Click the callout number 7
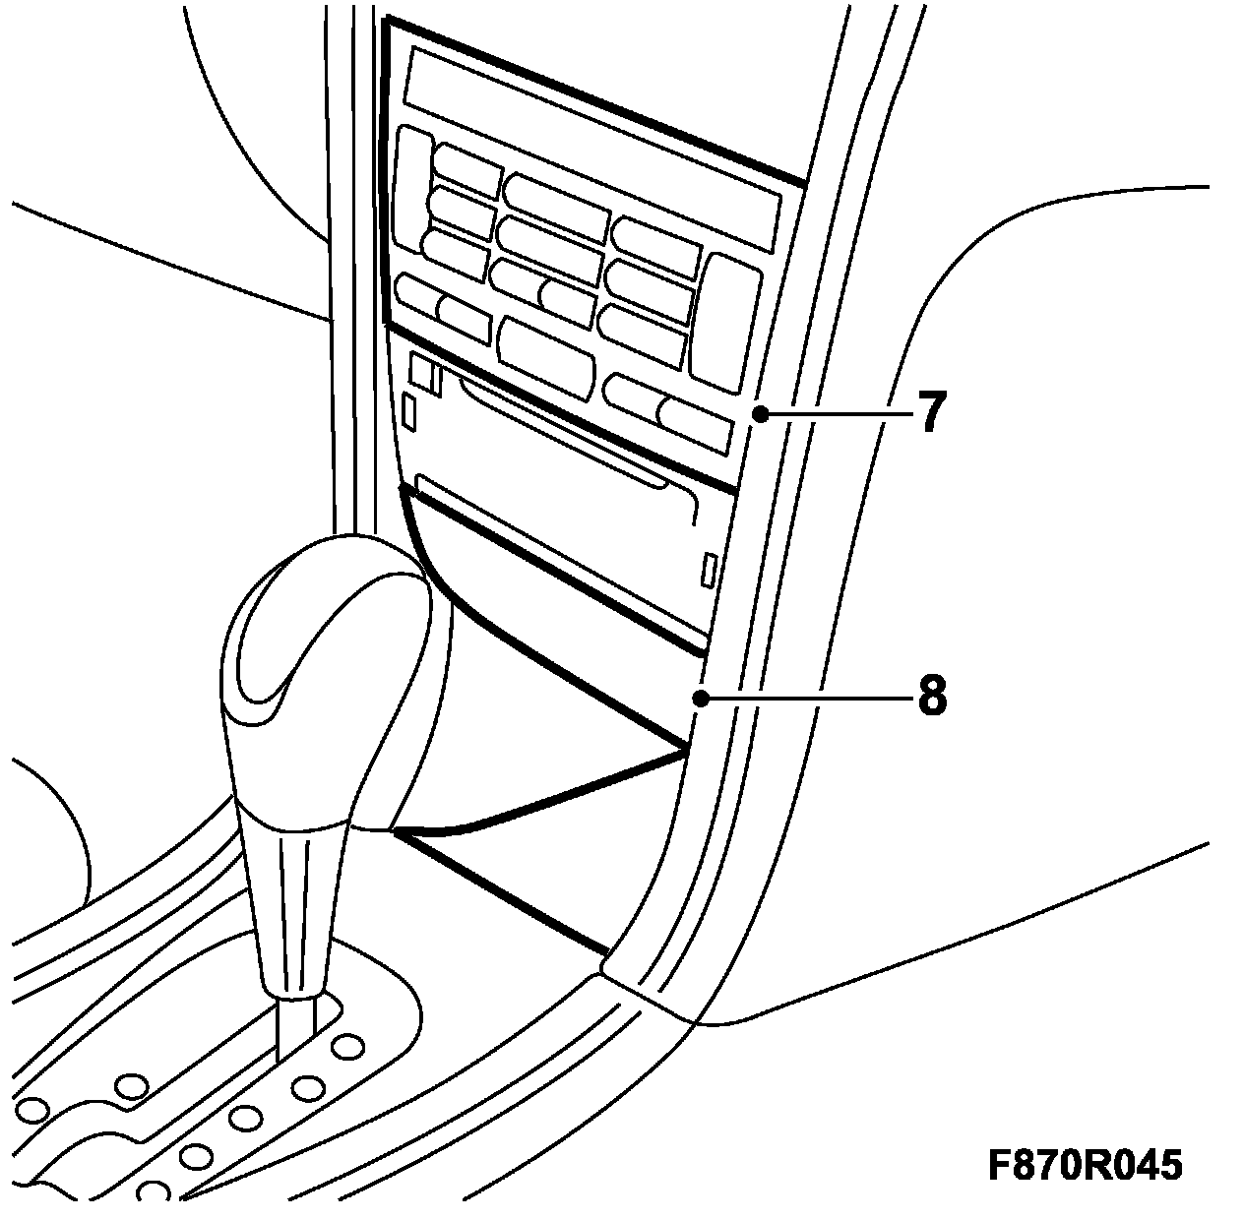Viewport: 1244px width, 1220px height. coord(931,413)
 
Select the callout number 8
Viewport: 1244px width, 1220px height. coord(931,697)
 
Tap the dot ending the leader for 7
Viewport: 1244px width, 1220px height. coord(759,414)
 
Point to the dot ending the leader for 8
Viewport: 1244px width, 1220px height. coord(700,698)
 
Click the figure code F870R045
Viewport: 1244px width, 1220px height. coord(1085,1166)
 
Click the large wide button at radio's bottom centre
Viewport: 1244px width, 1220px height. coord(546,354)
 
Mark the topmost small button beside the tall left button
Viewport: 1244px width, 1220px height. coord(467,169)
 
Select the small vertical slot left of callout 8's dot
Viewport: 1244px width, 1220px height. coord(708,571)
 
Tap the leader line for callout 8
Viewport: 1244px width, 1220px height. coord(802,698)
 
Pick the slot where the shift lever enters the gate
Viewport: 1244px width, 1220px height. coord(295,1028)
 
